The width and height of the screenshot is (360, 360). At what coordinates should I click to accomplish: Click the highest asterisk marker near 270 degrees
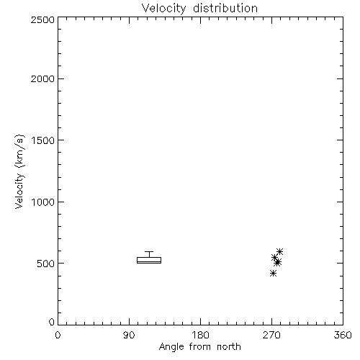coord(280,251)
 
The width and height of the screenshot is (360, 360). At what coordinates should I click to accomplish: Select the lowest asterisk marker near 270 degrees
coord(273,273)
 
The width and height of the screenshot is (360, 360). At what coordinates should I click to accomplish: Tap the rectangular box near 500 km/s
coord(149,261)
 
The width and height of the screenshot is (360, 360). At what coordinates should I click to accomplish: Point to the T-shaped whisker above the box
coord(149,254)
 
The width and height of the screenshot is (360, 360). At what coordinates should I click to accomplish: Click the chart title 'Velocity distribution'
coord(199,8)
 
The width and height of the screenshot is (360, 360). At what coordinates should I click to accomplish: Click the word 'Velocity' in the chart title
coord(163,9)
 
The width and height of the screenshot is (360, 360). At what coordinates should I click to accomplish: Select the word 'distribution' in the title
coord(225,8)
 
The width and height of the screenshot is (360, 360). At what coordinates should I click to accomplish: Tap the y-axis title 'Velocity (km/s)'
coord(19,172)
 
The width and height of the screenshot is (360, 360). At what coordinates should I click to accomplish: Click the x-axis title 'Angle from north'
coord(199,347)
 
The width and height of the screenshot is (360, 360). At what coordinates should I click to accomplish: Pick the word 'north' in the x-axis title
coord(229,346)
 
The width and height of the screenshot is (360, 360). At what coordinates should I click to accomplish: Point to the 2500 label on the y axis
coord(43,19)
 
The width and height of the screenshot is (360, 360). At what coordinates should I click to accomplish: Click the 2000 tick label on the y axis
coord(43,78)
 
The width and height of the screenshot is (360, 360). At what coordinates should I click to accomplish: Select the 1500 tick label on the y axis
coord(43,140)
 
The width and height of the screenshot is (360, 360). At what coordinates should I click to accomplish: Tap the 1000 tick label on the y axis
coord(43,202)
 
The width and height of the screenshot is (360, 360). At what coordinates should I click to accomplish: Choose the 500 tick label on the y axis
coord(46,264)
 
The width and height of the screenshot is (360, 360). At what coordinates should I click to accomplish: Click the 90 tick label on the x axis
coord(129,335)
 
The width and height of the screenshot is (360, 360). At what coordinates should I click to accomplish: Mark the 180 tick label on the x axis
coord(200,335)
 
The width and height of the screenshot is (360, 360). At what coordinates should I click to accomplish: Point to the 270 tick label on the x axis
coord(271,335)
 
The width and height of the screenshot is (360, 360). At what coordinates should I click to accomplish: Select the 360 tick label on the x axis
coord(343,335)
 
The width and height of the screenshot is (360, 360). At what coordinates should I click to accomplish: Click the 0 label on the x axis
coord(58,335)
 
